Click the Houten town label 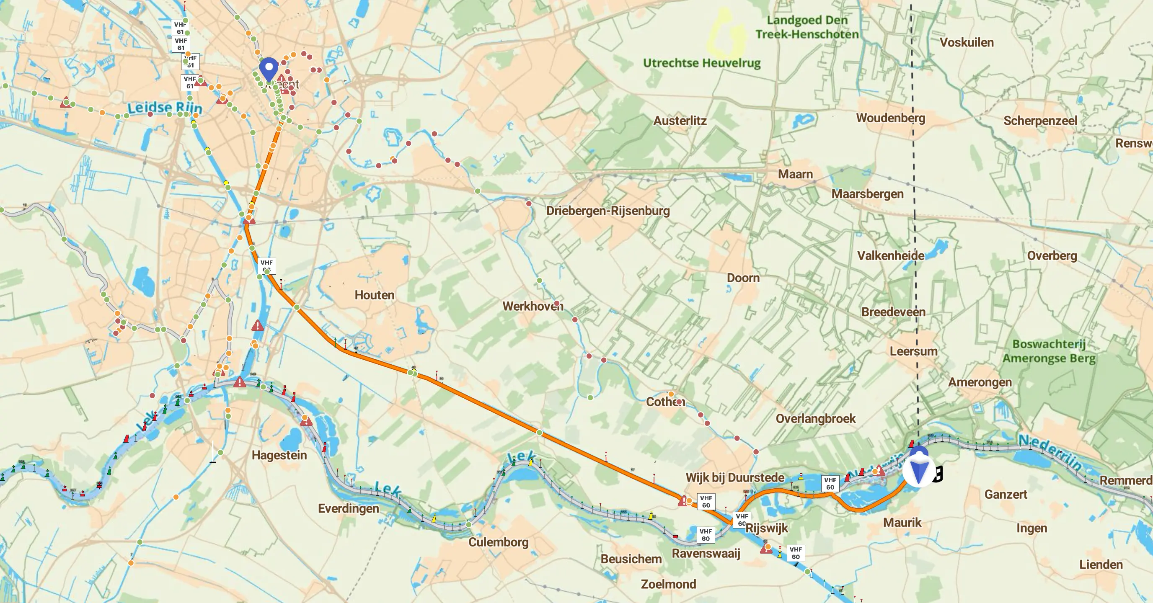coord(374,295)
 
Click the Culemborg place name coord(498,542)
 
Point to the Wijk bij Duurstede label coord(734,478)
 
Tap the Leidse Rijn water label coord(165,108)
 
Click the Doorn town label coord(743,278)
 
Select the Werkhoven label coord(533,307)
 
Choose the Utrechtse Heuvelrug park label coord(701,63)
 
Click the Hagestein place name coord(279,455)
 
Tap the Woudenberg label coord(890,118)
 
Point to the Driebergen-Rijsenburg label coord(608,211)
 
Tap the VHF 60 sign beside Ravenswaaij coord(706,535)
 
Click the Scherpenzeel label coord(1040,121)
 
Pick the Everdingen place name coord(348,509)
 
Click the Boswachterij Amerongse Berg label coord(1049,351)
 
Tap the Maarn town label coord(795,174)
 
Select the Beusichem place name coord(631,559)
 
